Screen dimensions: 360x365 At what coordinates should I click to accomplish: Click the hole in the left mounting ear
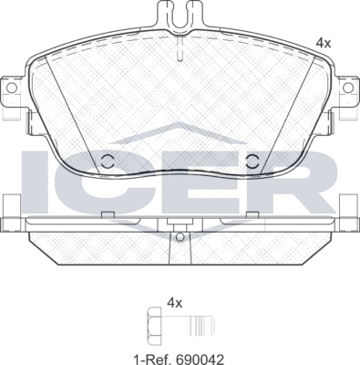pos(12,88)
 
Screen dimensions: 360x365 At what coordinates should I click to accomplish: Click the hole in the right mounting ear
pos(348,88)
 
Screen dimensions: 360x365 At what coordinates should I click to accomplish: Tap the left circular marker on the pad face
pos(107,161)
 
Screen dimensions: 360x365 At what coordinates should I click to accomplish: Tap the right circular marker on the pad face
pos(252,161)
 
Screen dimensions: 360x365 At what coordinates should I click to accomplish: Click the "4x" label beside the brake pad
pos(324,44)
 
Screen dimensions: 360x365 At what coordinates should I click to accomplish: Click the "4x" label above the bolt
pos(175,303)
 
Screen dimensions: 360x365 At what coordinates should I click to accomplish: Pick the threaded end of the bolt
pos(202,326)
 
